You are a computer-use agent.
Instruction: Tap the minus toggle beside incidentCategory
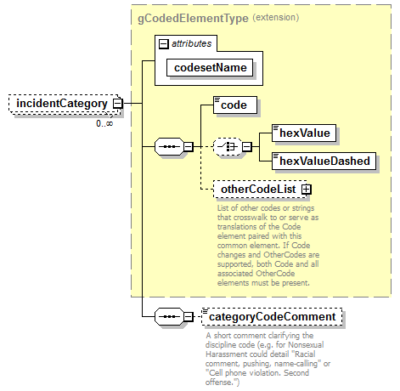pos(117,104)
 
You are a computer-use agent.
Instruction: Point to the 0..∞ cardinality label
pos(104,123)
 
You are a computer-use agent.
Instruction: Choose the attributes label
pos(192,42)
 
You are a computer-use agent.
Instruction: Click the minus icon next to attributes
pos(163,43)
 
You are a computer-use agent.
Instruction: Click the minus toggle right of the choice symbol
pos(246,146)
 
